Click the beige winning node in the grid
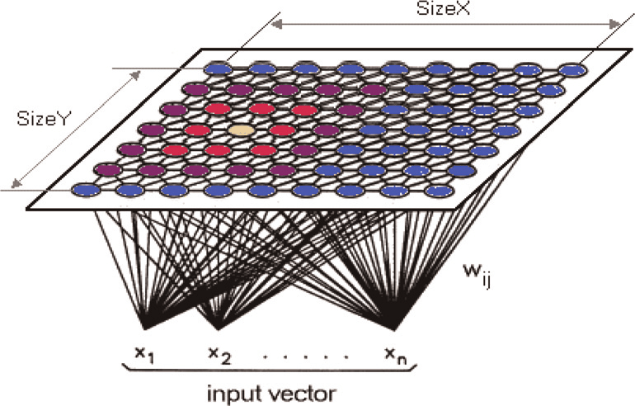[x=242, y=130]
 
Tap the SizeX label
[x=444, y=8]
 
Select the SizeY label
[x=44, y=118]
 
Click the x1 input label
[x=144, y=355]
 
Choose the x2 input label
[x=219, y=355]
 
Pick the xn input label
[x=396, y=356]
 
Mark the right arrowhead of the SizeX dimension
[x=614, y=25]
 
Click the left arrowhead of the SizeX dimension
[x=276, y=25]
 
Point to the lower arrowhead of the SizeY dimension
[x=16, y=183]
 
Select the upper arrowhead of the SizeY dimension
[x=136, y=75]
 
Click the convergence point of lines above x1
[x=145, y=328]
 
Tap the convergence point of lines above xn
[x=394, y=329]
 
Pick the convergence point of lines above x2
[x=219, y=328]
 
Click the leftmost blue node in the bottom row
[x=86, y=190]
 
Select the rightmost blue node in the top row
[x=572, y=69]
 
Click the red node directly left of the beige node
[x=199, y=130]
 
